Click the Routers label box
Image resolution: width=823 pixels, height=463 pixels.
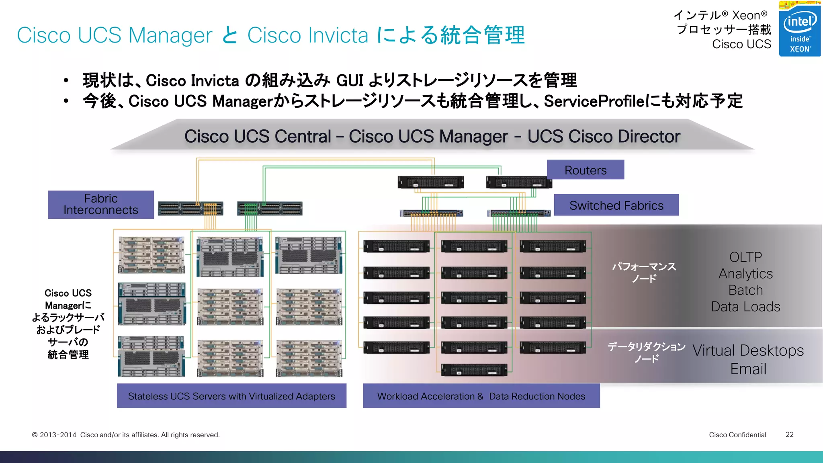pos(585,170)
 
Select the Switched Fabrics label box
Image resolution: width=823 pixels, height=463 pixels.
pos(616,205)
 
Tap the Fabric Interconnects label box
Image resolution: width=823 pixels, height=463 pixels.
pos(100,205)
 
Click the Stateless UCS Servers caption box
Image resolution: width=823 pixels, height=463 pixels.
pos(231,396)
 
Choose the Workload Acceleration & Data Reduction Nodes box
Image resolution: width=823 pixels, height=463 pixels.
pos(481,396)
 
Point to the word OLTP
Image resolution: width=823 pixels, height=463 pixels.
pos(745,257)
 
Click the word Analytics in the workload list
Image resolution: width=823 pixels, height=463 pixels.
pos(745,274)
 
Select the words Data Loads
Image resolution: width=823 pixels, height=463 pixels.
pos(745,307)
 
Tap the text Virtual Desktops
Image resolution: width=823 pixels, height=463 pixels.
pos(748,350)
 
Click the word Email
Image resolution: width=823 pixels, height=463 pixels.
pos(748,369)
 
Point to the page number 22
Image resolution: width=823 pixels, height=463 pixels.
pos(789,434)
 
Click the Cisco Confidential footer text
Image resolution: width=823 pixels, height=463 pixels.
pos(737,435)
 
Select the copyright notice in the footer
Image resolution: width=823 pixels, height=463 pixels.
pos(126,435)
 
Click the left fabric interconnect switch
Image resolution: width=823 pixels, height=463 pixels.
pos(190,209)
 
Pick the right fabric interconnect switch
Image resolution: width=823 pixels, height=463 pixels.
pos(270,209)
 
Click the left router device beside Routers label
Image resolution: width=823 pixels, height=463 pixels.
pos(430,182)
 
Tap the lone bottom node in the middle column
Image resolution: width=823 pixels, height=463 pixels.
pos(474,370)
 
